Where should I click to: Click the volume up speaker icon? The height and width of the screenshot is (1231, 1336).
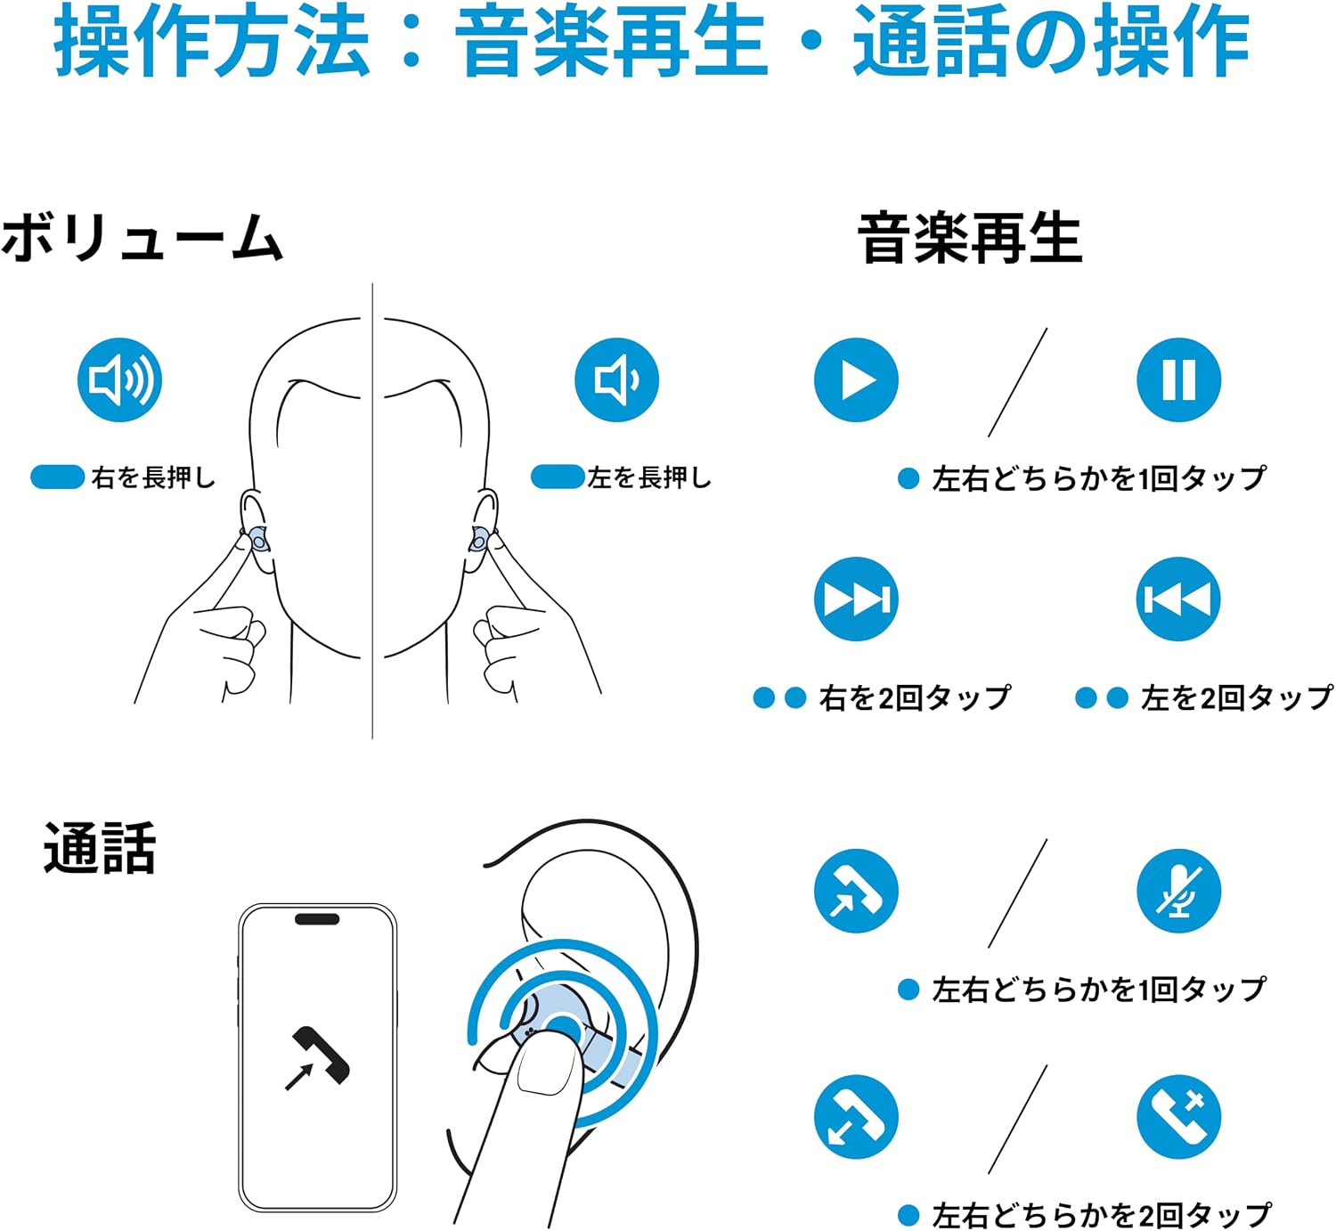click(x=120, y=379)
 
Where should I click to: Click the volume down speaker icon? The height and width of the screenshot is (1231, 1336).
click(x=616, y=379)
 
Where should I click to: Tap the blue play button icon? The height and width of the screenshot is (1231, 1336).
click(x=856, y=379)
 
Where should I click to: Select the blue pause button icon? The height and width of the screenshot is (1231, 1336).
click(x=1178, y=379)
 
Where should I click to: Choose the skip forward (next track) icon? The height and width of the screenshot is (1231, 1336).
click(x=856, y=599)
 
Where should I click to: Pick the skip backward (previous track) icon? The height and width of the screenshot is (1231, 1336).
click(x=1178, y=599)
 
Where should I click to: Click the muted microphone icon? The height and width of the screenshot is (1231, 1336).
click(x=1178, y=892)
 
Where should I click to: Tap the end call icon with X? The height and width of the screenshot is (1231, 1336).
click(x=1178, y=1117)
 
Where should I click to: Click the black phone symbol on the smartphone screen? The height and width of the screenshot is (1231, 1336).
click(x=317, y=1058)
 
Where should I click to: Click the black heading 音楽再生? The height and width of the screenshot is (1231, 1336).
click(x=969, y=238)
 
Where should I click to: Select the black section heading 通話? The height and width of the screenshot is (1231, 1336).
click(x=100, y=847)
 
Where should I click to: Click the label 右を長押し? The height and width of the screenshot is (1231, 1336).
click(x=153, y=477)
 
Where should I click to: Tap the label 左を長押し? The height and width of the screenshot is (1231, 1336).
click(x=649, y=477)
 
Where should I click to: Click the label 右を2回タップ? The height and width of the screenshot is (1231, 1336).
click(x=915, y=697)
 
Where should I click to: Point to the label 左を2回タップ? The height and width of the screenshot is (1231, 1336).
click(x=1237, y=697)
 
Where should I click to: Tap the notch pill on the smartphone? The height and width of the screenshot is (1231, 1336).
click(x=317, y=919)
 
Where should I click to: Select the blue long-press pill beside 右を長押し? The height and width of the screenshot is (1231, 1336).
click(x=57, y=477)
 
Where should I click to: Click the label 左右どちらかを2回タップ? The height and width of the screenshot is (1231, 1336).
click(x=1102, y=1214)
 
